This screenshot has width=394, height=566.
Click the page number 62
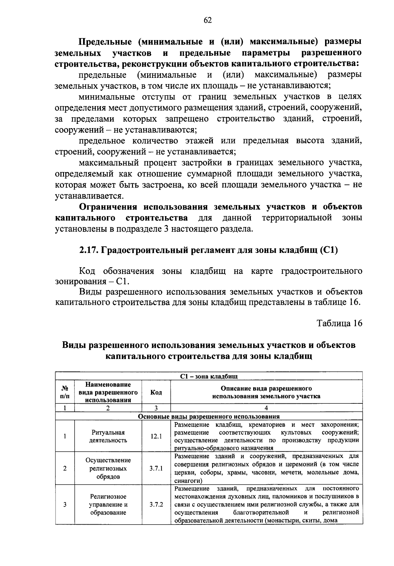(x=207, y=20)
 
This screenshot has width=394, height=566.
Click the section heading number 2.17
(x=88, y=250)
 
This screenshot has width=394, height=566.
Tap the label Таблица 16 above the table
(x=339, y=323)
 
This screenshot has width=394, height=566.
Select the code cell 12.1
(x=156, y=437)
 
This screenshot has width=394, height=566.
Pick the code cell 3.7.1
(x=156, y=468)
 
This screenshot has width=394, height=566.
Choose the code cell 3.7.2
(x=156, y=504)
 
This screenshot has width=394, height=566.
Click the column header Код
(x=156, y=392)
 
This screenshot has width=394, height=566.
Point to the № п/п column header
(x=65, y=392)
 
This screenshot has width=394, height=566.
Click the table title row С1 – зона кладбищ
(x=209, y=376)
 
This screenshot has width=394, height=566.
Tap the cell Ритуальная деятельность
(x=108, y=437)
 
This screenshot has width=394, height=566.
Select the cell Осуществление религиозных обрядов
(x=108, y=468)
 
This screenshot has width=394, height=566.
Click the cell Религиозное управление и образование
(x=108, y=504)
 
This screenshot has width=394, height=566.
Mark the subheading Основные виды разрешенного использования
(x=209, y=417)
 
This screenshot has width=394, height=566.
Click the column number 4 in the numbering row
(x=266, y=408)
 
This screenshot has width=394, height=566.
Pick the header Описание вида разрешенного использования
(x=266, y=392)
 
